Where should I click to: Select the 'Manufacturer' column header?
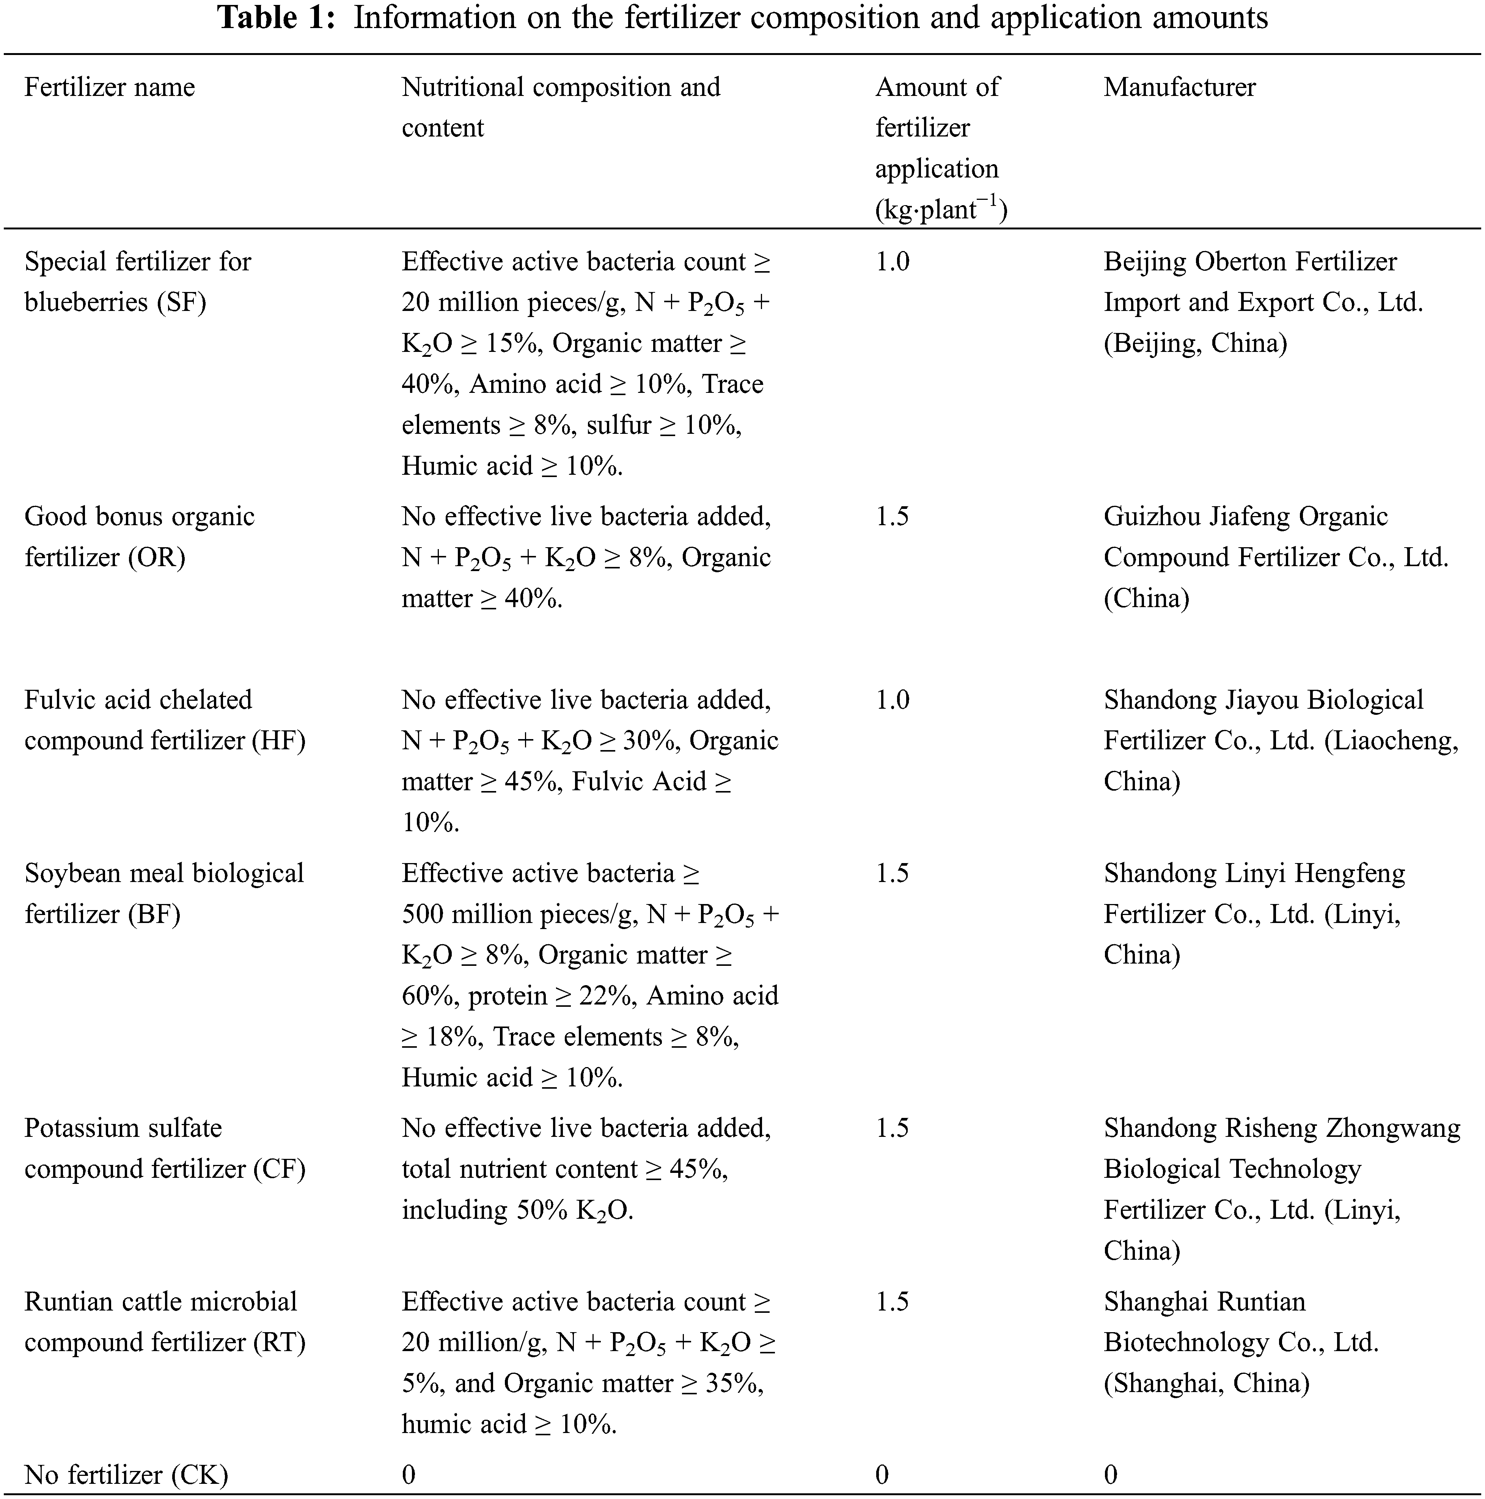pyautogui.click(x=1179, y=87)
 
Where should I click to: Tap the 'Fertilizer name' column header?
pyautogui.click(x=110, y=87)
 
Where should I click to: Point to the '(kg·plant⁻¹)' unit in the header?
pyautogui.click(x=941, y=209)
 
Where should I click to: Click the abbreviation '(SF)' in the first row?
pyautogui.click(x=182, y=302)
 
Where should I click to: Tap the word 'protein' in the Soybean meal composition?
pyautogui.click(x=508, y=995)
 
